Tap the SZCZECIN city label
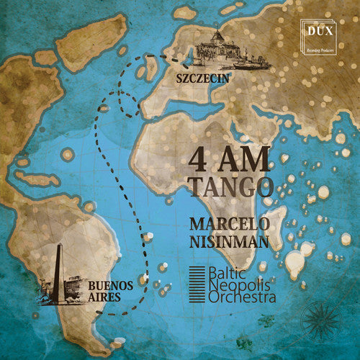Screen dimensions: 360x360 coord(205,81)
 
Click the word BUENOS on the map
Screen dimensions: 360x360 coord(110,286)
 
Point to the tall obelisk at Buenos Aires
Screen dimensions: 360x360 coord(58,269)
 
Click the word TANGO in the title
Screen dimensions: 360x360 coord(230,187)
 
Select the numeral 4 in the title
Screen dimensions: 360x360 coord(199,158)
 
